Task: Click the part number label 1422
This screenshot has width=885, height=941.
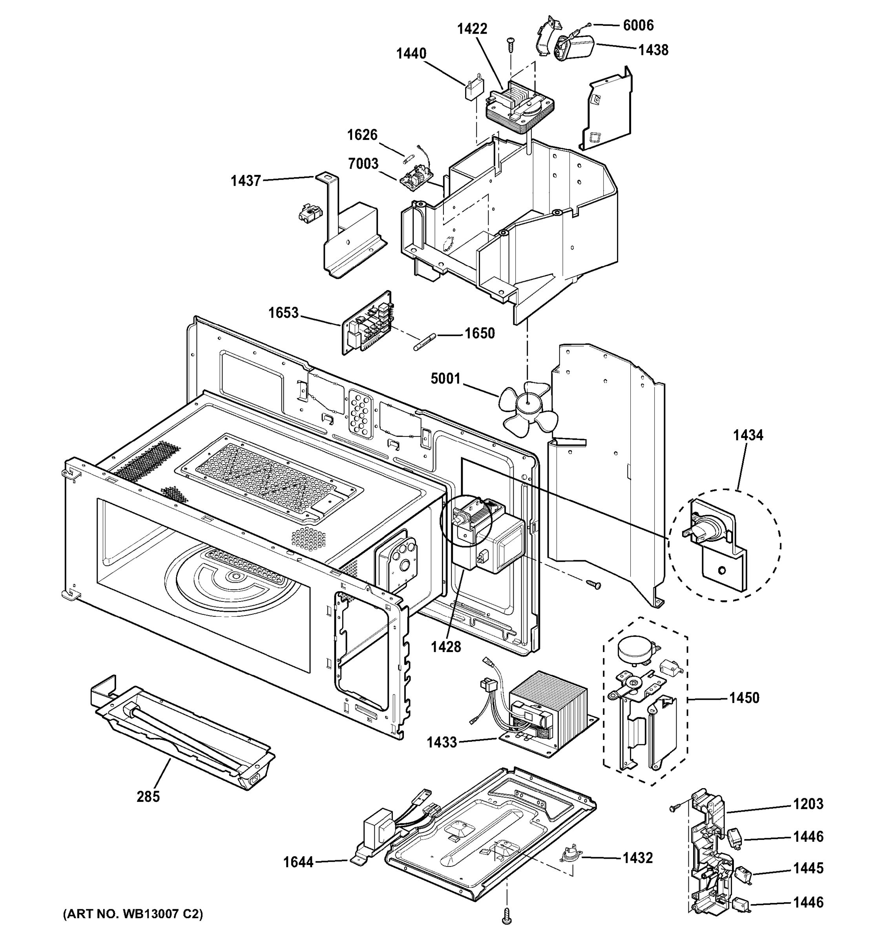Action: pos(472,29)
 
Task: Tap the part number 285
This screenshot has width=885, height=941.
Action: pos(148,797)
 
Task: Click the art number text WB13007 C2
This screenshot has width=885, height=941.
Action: pos(133,914)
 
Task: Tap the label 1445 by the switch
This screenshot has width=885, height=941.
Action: pos(808,868)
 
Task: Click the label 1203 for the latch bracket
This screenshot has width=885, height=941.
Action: pos(808,804)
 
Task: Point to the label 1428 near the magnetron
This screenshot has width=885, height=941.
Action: pos(446,647)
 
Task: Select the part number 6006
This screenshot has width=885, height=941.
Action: pos(638,25)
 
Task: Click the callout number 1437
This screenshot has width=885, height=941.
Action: pos(246,181)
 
